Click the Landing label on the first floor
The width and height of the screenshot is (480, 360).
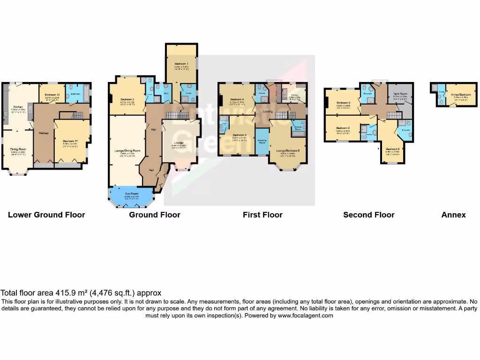pos(268,111)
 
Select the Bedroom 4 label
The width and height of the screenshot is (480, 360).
pos(237,99)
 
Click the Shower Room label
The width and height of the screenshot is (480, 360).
pos(298,127)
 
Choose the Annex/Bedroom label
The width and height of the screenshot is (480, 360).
pos(455,94)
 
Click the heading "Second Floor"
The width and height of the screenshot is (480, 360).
pos(368,215)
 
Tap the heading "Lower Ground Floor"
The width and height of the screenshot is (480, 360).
pos(46,215)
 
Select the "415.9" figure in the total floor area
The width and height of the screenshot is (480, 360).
pos(62,292)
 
